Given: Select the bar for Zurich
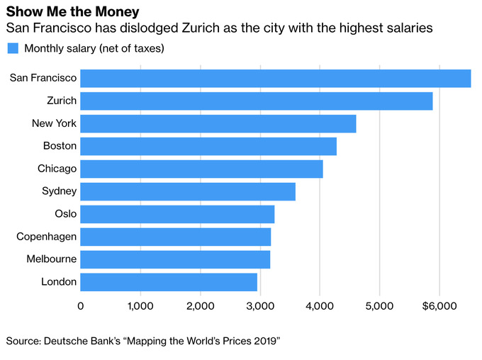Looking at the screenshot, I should (256, 101).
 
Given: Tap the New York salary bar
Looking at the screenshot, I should (218, 124).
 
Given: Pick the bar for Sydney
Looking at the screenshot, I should (187, 192).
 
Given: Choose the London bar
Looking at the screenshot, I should (168, 282).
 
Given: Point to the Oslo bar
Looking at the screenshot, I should (176, 214).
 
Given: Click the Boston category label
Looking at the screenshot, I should (59, 147).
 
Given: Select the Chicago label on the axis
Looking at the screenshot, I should (57, 169).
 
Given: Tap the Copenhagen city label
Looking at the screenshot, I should (46, 237).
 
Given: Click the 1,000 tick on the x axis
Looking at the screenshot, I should (140, 305).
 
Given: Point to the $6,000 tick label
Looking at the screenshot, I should (439, 305).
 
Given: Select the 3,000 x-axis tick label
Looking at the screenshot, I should (260, 305).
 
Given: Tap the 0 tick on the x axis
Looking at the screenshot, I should (81, 305).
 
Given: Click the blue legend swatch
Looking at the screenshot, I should (12, 49).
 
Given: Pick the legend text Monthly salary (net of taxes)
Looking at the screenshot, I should (94, 49).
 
